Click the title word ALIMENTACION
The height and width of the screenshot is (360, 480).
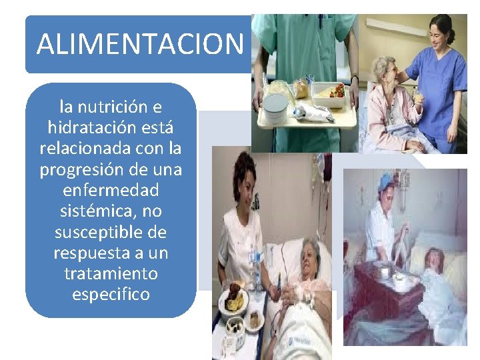click(x=140, y=44)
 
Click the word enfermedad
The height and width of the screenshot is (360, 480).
click(x=111, y=190)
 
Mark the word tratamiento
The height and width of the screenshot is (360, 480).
click(x=111, y=273)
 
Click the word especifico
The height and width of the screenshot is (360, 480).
click(x=111, y=294)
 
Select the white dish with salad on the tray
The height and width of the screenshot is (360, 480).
click(x=328, y=91)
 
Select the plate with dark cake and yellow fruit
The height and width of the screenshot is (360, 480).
click(x=233, y=299)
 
